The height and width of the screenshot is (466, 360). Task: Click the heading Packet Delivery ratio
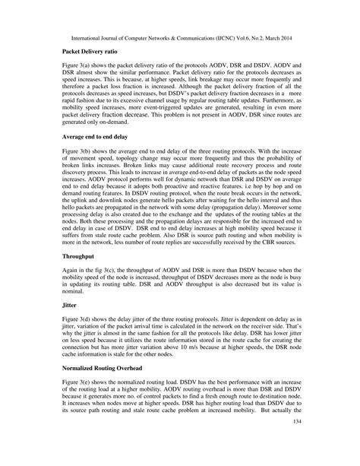point(90,49)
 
